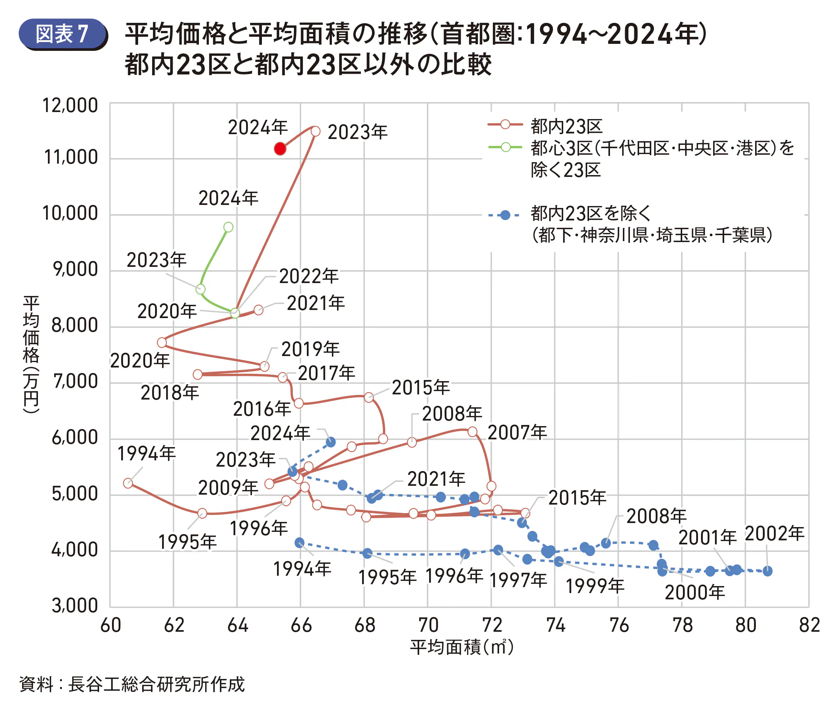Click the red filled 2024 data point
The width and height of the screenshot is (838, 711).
click(x=280, y=149)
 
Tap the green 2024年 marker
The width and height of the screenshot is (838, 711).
click(x=228, y=227)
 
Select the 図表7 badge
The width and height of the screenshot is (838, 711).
click(x=63, y=34)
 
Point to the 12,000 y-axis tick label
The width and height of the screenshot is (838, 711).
click(x=70, y=106)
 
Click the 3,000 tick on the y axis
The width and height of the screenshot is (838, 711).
click(x=75, y=605)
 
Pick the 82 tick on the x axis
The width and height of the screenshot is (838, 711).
click(x=809, y=625)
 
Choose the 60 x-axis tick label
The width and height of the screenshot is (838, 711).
click(x=111, y=625)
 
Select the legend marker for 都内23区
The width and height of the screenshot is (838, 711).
click(x=505, y=125)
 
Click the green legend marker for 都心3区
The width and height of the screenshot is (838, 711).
click(x=505, y=147)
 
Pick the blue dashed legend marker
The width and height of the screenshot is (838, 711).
click(x=505, y=215)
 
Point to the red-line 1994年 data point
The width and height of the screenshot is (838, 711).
click(x=128, y=483)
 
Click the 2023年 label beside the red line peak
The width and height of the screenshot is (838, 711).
click(x=357, y=132)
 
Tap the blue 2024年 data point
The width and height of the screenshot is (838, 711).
click(x=330, y=442)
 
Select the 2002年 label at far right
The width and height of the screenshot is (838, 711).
click(x=774, y=534)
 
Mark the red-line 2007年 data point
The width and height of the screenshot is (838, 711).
click(x=473, y=432)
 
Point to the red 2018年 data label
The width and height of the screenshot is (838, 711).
click(x=169, y=393)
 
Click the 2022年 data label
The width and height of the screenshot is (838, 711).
click(x=309, y=276)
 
